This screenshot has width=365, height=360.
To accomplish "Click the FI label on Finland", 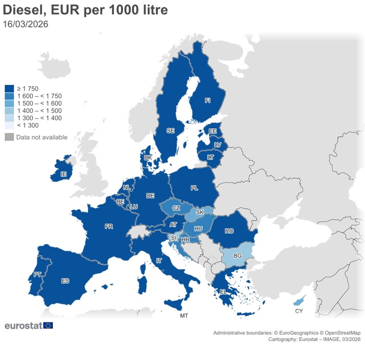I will click(207, 101).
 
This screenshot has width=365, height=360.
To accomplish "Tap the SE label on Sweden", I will click(170, 130).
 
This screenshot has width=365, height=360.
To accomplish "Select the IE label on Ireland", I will click(63, 174).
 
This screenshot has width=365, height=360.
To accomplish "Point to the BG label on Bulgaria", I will click(237, 256).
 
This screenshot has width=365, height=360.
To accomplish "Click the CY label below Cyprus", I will click(299, 311).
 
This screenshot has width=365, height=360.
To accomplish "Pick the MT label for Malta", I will click(184, 316).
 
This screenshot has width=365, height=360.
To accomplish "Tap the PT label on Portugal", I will click(37, 274).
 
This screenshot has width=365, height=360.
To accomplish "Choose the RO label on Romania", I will click(229, 231).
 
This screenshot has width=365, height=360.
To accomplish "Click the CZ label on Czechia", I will click(176, 208).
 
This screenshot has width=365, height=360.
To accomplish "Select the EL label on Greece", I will click(223, 292).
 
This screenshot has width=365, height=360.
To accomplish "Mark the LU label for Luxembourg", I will click(134, 207).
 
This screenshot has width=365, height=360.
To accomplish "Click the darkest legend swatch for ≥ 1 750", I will click(10, 89).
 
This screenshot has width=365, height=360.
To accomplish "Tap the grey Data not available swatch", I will click(10, 137).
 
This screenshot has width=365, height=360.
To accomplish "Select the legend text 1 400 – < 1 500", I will click(39, 111).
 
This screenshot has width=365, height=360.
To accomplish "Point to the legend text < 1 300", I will click(28, 125).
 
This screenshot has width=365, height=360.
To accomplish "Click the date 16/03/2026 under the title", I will click(26, 24).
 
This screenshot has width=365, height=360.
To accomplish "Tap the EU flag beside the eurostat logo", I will click(48, 325).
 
